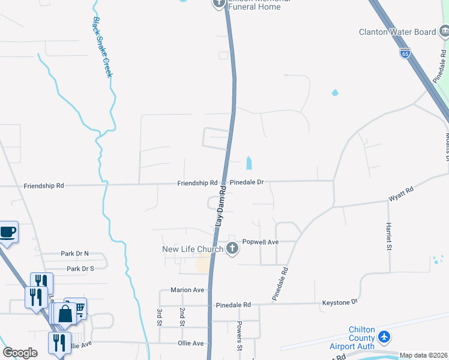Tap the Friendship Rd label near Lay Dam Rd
tap(197, 182)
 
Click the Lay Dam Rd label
tap(220, 206)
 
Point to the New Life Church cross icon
tap(233, 249)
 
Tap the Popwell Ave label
tap(260, 242)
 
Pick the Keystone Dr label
tap(340, 302)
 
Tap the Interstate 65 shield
tap(406, 53)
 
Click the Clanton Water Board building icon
tap(443, 31)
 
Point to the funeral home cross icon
tap(218, 4)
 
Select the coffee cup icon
tap(8, 232)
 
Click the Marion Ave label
tap(187, 290)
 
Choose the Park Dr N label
tap(74, 254)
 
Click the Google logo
tap(20, 353)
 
